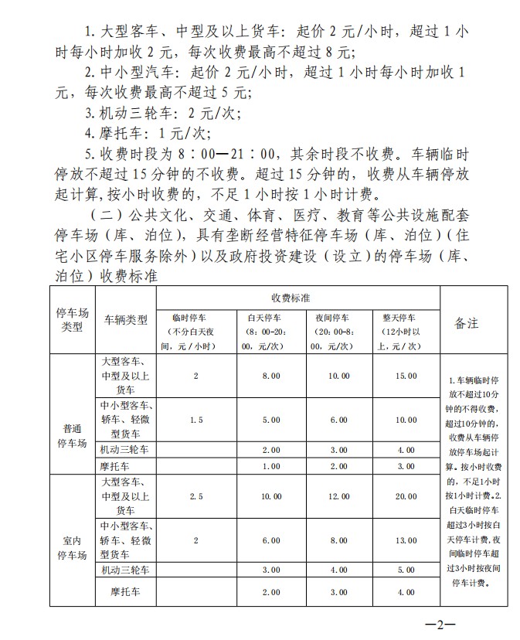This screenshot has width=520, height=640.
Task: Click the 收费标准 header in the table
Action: click(298, 298)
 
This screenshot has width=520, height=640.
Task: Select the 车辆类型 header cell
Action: click(125, 322)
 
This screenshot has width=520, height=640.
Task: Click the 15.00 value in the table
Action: click(405, 376)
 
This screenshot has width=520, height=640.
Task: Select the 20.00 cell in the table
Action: click(405, 497)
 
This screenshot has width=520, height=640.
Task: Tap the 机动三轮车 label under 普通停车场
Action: click(124, 449)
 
